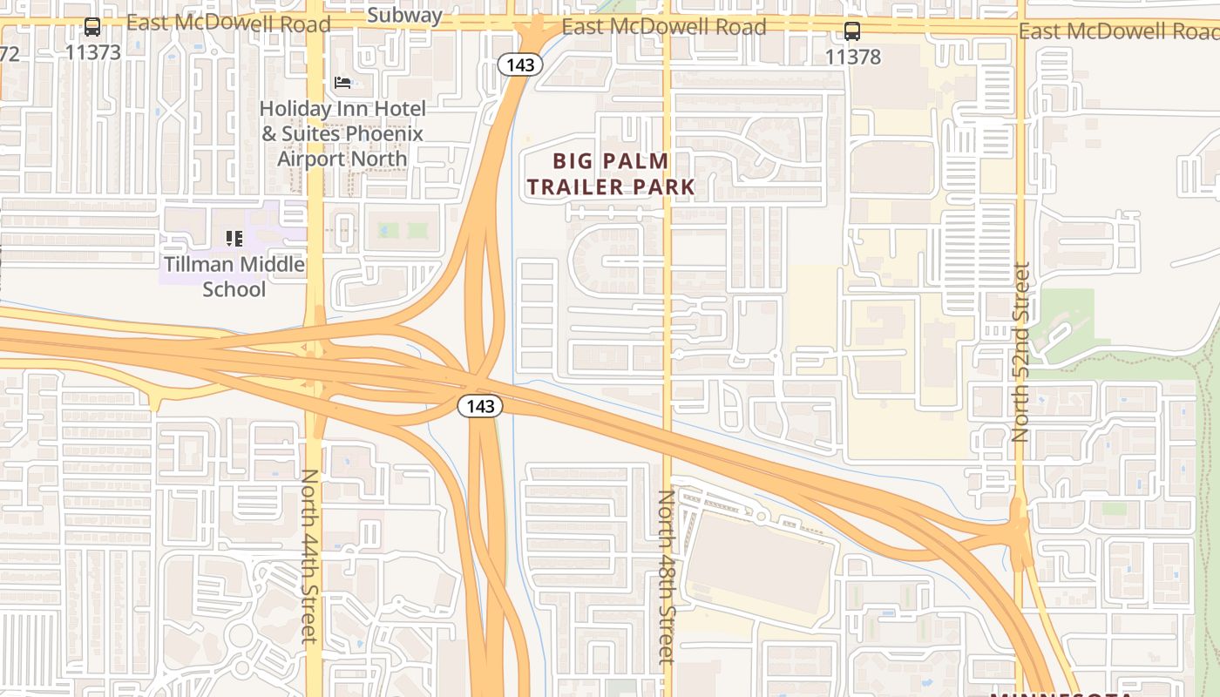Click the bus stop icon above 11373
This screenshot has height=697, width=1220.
coord(92,27)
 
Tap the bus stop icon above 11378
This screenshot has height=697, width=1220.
coord(852,32)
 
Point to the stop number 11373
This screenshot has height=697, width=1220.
coord(92,51)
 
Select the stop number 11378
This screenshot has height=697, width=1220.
coord(852,57)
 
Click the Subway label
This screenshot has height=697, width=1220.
coord(404,15)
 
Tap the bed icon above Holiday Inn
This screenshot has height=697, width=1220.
coord(342,83)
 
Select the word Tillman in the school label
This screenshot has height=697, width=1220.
coord(199,264)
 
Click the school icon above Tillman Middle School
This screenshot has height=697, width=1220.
coord(234,238)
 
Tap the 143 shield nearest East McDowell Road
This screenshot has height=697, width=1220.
coord(520,64)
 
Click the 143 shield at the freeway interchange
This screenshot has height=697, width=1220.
coord(479,406)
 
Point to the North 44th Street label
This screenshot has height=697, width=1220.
coord(309,556)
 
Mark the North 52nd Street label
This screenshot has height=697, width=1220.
coord(1021,352)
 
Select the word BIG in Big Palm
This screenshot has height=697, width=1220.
coord(577,161)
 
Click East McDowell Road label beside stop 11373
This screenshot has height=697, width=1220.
coord(228,24)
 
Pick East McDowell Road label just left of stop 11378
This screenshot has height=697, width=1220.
coord(663,27)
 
